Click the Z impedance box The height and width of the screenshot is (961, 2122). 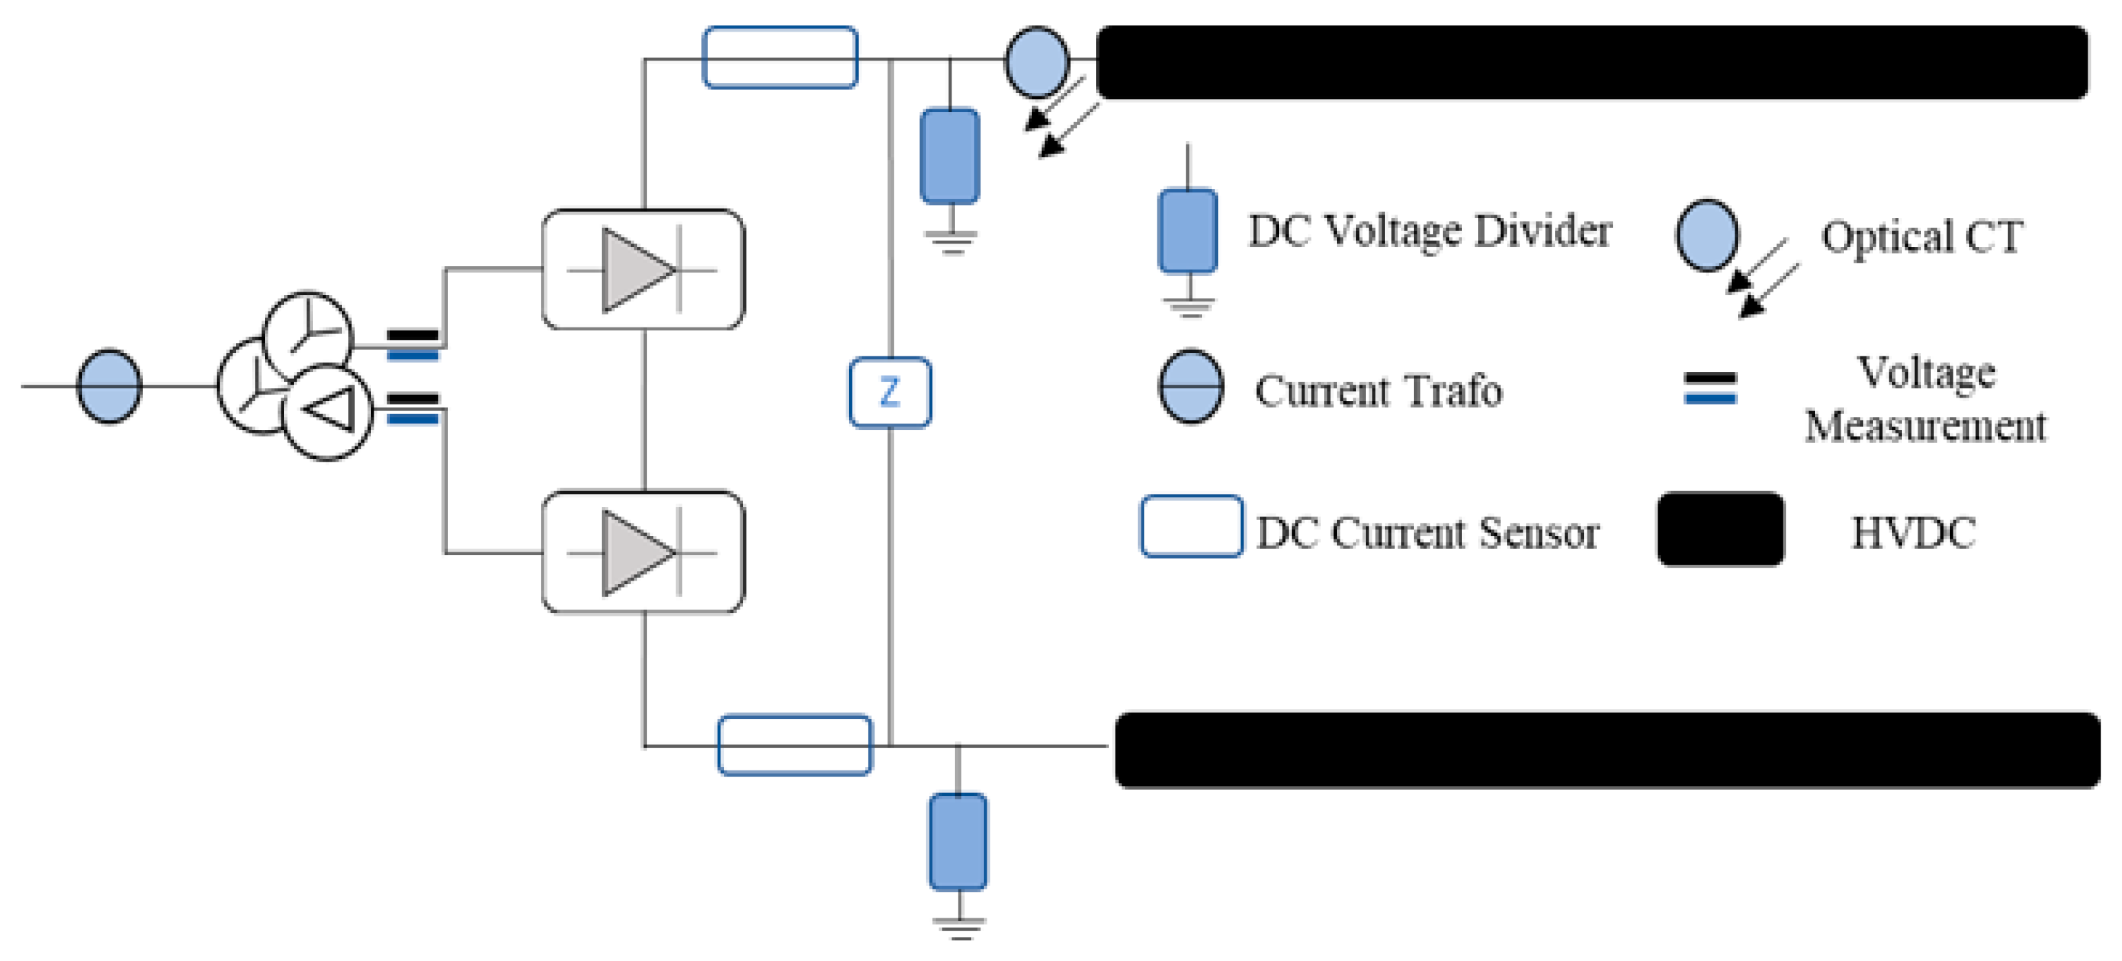coord(890,393)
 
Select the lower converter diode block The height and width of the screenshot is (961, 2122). coord(643,552)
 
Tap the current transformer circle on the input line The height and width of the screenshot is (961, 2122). coord(109,385)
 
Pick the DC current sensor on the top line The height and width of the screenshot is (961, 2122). coord(780,58)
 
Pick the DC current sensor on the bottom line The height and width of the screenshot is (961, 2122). coord(794,744)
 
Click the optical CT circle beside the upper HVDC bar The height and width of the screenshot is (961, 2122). coord(1036,62)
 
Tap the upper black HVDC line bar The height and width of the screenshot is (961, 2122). coord(1590,63)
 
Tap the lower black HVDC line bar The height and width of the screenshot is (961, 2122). coord(1607,749)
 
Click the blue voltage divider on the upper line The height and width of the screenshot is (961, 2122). coord(949,155)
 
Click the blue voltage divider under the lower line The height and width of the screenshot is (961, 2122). coord(957,841)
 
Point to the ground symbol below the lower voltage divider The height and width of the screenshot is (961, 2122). coord(959,929)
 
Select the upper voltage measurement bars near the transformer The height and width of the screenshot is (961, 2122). coord(413,344)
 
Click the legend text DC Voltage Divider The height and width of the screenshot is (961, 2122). coord(1429,231)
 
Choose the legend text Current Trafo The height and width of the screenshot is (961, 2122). coord(1378,391)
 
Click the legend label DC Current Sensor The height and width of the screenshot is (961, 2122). coord(1427,533)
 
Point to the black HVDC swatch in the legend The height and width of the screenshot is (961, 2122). coord(1720,529)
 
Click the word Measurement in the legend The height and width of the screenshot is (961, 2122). coord(1925,426)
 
